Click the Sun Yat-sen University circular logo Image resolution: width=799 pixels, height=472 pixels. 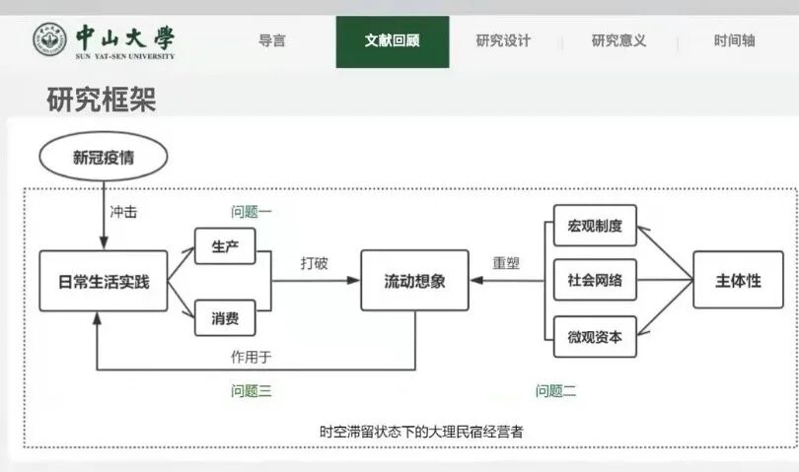click(x=49, y=40)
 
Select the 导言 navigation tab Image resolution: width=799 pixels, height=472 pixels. click(x=272, y=41)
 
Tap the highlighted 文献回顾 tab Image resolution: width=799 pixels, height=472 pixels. click(x=392, y=41)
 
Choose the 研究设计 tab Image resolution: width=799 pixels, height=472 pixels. click(x=503, y=41)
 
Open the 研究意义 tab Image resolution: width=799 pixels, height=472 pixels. click(x=618, y=41)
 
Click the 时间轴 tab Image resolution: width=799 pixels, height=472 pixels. click(x=734, y=41)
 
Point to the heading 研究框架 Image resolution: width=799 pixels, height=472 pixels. click(x=101, y=100)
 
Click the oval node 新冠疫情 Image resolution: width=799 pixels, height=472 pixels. click(x=104, y=157)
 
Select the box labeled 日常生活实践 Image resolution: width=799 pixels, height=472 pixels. click(x=103, y=281)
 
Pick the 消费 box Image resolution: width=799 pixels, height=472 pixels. click(x=226, y=318)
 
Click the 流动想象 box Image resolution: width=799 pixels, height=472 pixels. click(x=414, y=281)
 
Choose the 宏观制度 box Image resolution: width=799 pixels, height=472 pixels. click(x=595, y=226)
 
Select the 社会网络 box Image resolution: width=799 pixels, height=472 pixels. click(x=595, y=281)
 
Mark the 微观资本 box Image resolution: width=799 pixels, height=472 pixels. click(x=595, y=336)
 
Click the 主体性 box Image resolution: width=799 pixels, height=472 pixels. click(x=738, y=281)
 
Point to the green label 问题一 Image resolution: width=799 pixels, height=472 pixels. click(x=252, y=212)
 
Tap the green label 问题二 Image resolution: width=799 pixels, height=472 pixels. click(x=555, y=391)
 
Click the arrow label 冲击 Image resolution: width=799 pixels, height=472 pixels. click(x=123, y=211)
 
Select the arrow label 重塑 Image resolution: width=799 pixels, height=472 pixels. click(x=506, y=264)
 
